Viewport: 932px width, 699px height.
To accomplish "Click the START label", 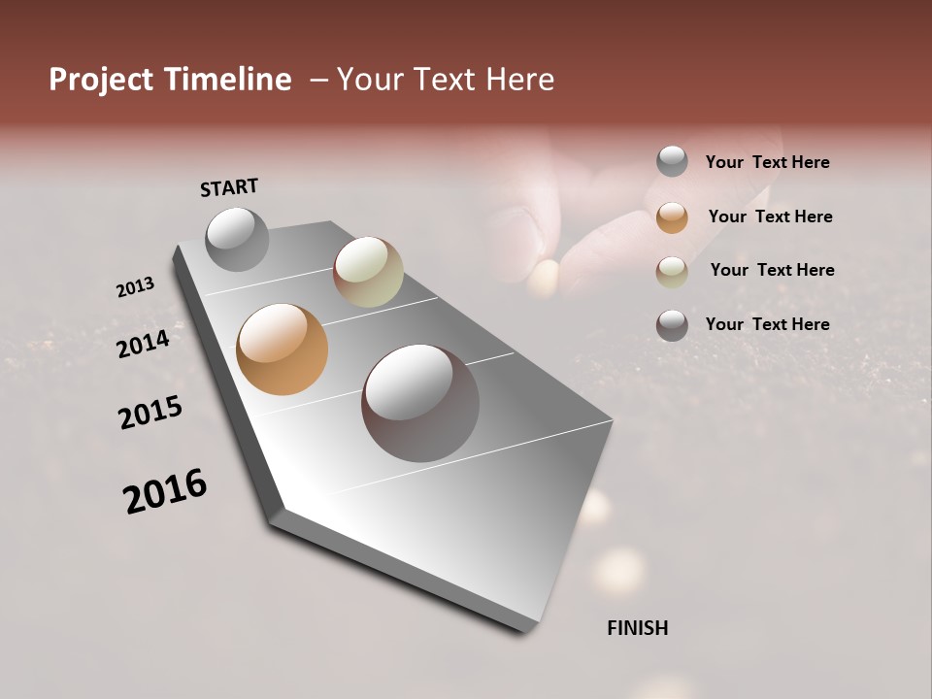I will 229,187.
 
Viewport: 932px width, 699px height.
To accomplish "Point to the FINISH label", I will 637,628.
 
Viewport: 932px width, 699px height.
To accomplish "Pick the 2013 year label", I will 135,287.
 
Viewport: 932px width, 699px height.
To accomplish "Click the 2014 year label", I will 143,344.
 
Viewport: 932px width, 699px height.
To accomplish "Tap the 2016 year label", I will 165,491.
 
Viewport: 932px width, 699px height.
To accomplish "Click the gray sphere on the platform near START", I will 237,239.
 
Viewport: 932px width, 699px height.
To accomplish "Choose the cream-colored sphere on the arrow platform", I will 368,272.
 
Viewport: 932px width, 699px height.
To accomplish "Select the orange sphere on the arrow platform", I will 282,349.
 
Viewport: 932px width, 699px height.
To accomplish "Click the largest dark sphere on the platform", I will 420,403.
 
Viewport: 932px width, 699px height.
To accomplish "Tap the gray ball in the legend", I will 672,161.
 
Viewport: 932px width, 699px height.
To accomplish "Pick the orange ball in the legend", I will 672,217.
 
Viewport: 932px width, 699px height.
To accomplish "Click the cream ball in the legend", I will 672,272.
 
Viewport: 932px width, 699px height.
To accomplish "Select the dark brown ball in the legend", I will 672,325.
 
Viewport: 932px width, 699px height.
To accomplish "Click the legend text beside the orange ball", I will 770,216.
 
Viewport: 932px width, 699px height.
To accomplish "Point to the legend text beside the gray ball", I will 767,162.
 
